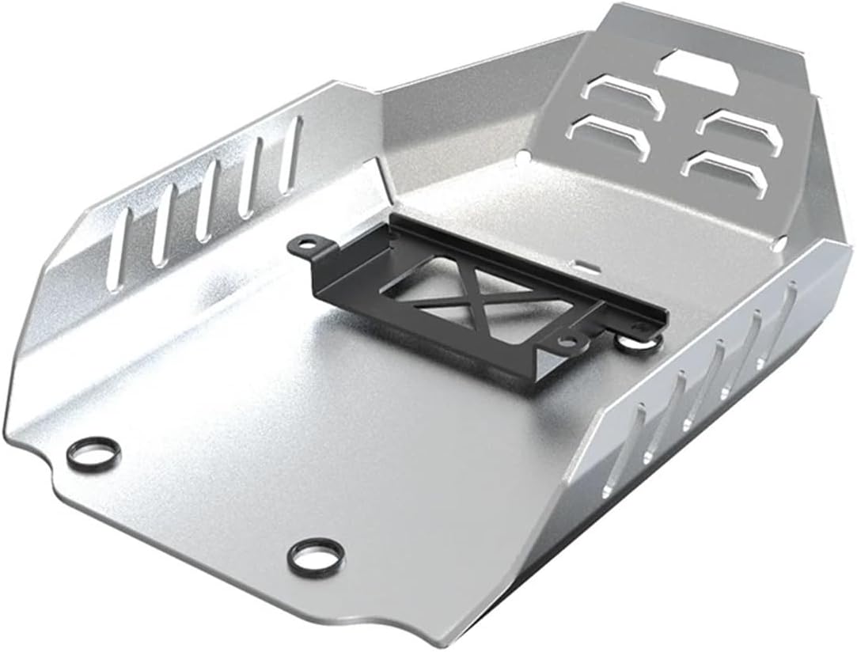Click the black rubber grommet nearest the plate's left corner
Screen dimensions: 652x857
[x=94, y=453]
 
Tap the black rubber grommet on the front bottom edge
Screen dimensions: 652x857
[x=316, y=557]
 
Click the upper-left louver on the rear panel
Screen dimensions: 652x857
[x=624, y=96]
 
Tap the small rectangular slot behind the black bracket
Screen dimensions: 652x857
[x=583, y=261]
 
